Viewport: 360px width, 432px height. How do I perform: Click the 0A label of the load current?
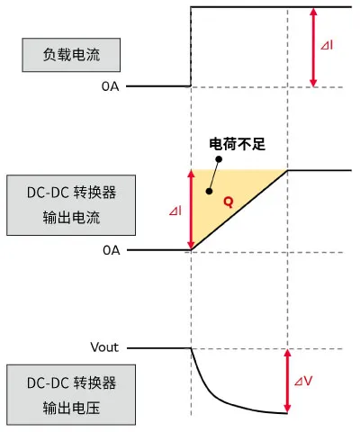(x=112, y=86)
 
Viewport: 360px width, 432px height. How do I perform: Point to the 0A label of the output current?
(x=112, y=250)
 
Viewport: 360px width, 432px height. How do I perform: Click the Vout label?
(x=104, y=347)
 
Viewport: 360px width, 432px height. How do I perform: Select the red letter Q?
(x=228, y=202)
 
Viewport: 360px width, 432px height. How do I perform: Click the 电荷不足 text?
(x=233, y=144)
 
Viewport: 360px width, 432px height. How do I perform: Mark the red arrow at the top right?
(x=312, y=47)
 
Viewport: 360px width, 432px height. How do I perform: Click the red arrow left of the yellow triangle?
(x=191, y=210)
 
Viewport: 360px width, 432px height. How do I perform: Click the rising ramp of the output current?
(x=238, y=211)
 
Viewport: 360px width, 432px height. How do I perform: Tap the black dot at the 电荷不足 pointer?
(x=209, y=191)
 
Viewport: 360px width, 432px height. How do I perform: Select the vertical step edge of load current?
(x=191, y=45)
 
